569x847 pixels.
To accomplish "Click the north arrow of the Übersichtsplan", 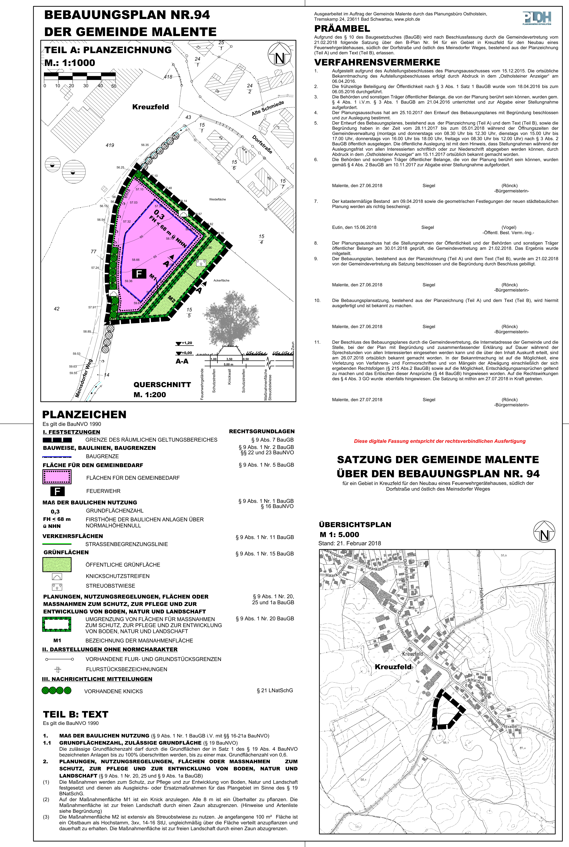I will pos(544,532).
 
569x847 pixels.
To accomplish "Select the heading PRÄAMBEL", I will pos(342,29).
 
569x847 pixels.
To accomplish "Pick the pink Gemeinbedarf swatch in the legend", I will pos(57,477).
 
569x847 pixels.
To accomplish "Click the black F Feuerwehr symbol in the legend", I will pos(57,491).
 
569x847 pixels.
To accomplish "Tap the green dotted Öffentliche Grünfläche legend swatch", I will pos(57,564).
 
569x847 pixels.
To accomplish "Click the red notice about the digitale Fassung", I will pos(439,441).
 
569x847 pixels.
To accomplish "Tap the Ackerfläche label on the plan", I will pos(221,280).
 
